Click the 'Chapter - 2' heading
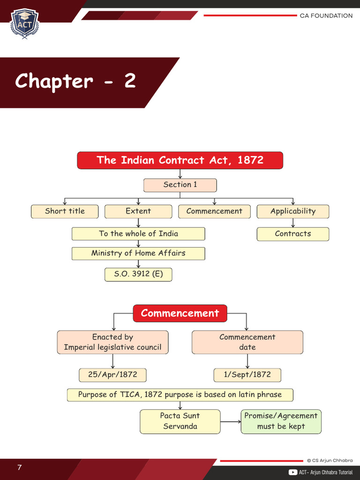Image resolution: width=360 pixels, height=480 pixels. pyautogui.click(x=75, y=81)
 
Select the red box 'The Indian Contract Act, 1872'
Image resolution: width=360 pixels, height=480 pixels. pyautogui.click(x=180, y=160)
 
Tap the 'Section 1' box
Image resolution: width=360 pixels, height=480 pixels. pyautogui.click(x=180, y=185)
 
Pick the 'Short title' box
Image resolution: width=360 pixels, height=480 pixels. pyautogui.click(x=65, y=211)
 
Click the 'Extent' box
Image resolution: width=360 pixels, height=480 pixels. pyautogui.click(x=138, y=211)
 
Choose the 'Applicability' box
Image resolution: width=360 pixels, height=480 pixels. pyautogui.click(x=293, y=211)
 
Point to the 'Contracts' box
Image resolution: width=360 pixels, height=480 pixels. pyautogui.click(x=293, y=234)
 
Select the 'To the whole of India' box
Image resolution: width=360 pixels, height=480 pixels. pyautogui.click(x=138, y=234)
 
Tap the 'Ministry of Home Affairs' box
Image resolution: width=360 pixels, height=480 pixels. pyautogui.click(x=138, y=254)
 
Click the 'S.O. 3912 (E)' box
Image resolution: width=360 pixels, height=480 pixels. pyautogui.click(x=138, y=274)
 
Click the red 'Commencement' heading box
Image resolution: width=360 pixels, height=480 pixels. pyautogui.click(x=180, y=313)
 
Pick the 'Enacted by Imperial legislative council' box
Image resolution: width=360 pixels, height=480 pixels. pyautogui.click(x=112, y=342)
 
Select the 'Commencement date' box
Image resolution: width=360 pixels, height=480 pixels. pyautogui.click(x=247, y=342)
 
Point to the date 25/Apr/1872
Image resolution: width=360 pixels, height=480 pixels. pyautogui.click(x=112, y=375)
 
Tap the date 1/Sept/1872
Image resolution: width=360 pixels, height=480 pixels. pyautogui.click(x=247, y=375)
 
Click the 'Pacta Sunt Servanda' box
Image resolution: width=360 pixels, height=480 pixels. pyautogui.click(x=180, y=421)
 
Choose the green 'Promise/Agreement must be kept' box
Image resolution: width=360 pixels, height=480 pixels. pyautogui.click(x=281, y=421)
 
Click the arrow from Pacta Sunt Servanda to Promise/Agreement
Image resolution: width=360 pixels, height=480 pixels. pyautogui.click(x=230, y=422)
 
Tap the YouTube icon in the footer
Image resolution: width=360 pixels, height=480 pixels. pyautogui.click(x=293, y=472)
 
